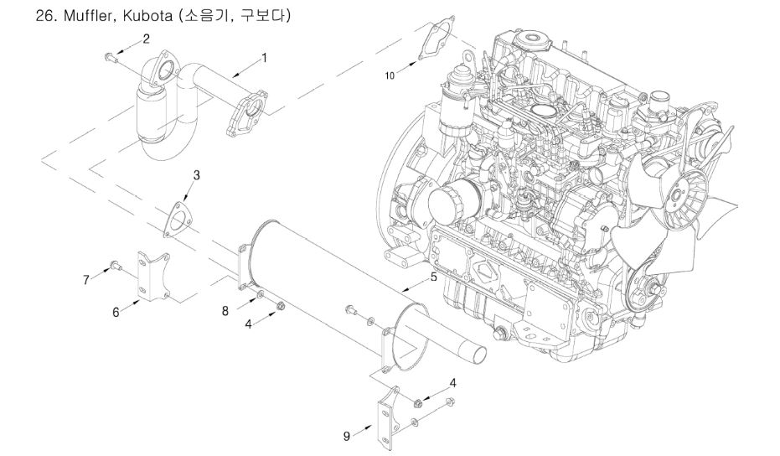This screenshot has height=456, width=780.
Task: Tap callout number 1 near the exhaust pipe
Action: (264, 58)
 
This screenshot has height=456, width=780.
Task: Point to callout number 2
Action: (146, 39)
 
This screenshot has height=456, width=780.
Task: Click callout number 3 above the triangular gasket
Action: (196, 175)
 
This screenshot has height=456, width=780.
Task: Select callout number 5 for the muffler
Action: (433, 276)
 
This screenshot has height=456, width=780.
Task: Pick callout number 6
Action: (116, 311)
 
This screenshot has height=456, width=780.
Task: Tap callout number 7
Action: (86, 280)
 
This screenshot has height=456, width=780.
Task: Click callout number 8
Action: (225, 311)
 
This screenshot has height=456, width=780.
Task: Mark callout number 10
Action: (390, 75)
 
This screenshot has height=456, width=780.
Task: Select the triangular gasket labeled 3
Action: (177, 213)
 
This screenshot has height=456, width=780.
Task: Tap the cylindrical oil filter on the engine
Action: (445, 202)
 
